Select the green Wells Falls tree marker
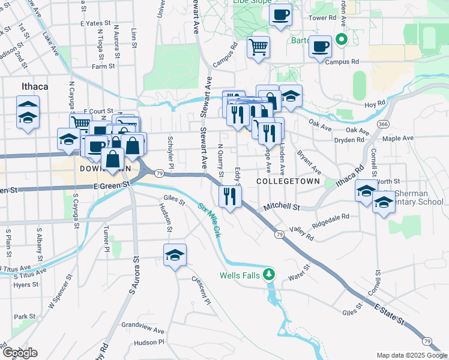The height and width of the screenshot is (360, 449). point(270,275)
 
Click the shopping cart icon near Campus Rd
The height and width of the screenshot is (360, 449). point(258,46)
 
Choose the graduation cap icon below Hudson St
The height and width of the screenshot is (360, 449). point(175,254)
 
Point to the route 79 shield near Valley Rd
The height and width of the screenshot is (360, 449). point(280,235)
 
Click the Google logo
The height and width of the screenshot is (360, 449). point(20,353)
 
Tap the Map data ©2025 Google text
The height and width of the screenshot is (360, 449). point(411,355)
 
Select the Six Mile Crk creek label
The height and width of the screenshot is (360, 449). point(209,219)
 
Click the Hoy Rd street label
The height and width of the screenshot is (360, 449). point(375,104)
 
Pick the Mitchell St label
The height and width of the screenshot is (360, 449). point(282,207)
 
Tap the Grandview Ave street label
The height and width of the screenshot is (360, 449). point(142,330)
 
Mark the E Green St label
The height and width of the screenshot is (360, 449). point(112,186)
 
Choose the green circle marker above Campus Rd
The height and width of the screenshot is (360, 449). point(342,41)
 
